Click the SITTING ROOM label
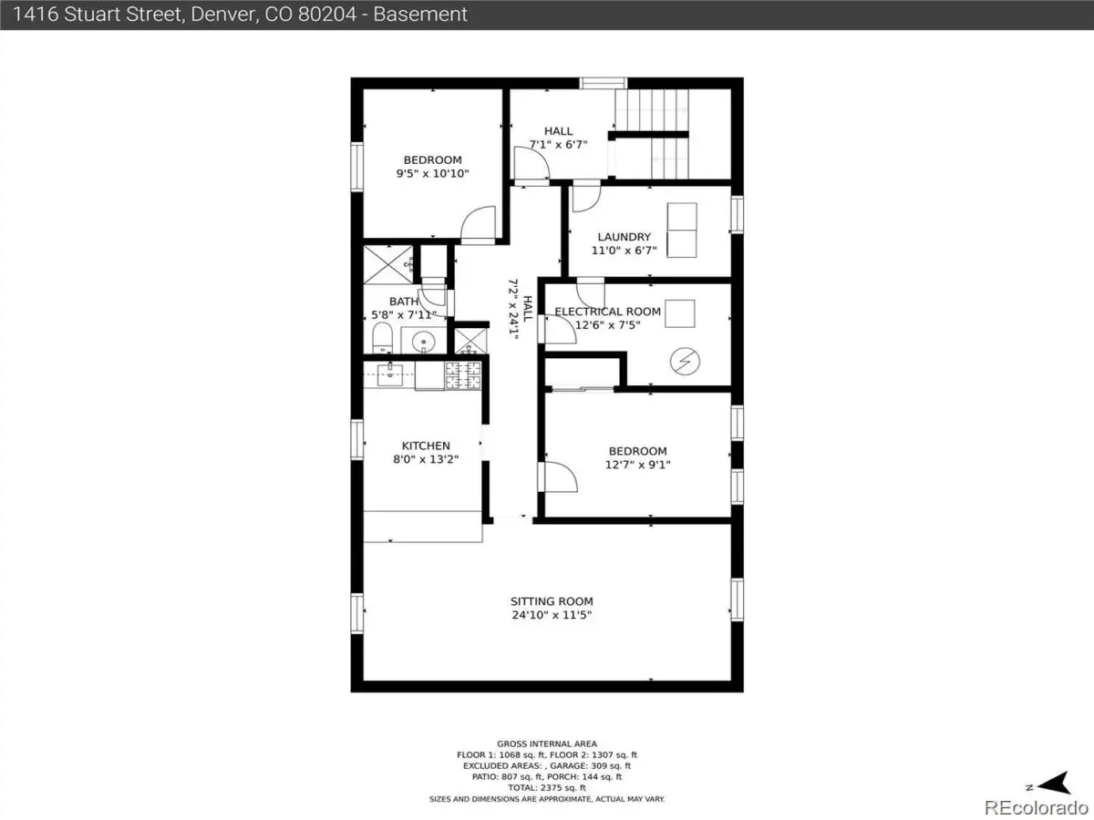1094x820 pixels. pyautogui.click(x=552, y=601)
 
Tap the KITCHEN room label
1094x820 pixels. pyautogui.click(x=426, y=446)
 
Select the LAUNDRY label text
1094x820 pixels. pyautogui.click(x=624, y=237)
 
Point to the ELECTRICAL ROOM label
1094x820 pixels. pyautogui.click(x=607, y=312)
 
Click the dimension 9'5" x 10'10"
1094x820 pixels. pyautogui.click(x=433, y=174)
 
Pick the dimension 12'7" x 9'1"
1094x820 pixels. pyautogui.click(x=637, y=465)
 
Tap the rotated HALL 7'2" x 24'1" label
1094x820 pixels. pyautogui.click(x=521, y=309)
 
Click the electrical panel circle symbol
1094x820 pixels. pyautogui.click(x=685, y=361)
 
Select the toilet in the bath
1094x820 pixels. pyautogui.click(x=382, y=337)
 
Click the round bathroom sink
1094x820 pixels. pyautogui.click(x=424, y=342)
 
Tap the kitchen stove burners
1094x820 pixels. pyautogui.click(x=463, y=375)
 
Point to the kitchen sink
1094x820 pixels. pyautogui.click(x=390, y=374)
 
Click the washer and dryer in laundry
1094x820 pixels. pyautogui.click(x=682, y=230)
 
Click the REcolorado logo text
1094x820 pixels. pyautogui.click(x=1037, y=807)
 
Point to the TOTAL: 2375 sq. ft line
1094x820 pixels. pyautogui.click(x=547, y=787)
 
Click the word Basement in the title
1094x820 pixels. pyautogui.click(x=420, y=15)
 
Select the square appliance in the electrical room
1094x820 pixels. pyautogui.click(x=680, y=313)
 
